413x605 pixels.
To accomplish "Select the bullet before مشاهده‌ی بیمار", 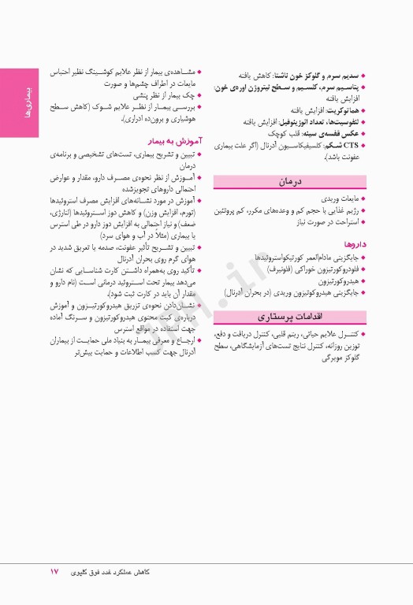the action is click(199, 71).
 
